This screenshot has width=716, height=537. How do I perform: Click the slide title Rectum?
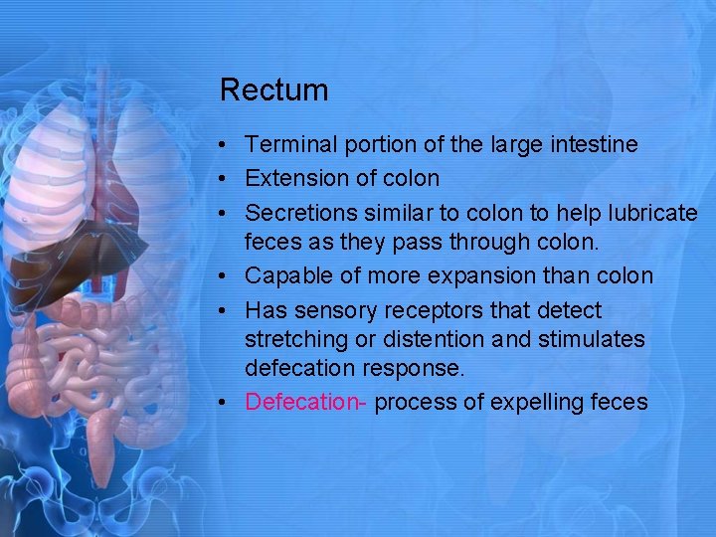[x=273, y=90]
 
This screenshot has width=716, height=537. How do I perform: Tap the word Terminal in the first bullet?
[x=289, y=145]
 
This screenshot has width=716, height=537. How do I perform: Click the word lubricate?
[x=650, y=213]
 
